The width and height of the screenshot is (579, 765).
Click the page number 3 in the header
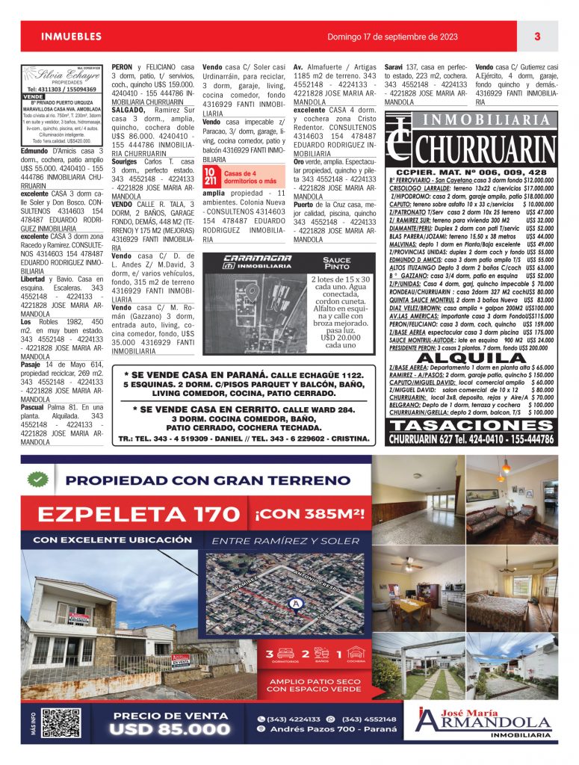(537, 37)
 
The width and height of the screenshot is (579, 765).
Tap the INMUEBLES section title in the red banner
(71, 37)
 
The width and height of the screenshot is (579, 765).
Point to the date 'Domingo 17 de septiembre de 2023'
(391, 37)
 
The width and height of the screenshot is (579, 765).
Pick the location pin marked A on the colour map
(296, 602)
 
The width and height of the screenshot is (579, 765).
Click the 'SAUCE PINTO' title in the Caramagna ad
(336, 264)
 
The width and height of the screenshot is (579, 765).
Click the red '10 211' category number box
(211, 176)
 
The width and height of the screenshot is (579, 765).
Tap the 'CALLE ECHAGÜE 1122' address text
(316, 375)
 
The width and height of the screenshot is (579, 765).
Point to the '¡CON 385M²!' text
(309, 514)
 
